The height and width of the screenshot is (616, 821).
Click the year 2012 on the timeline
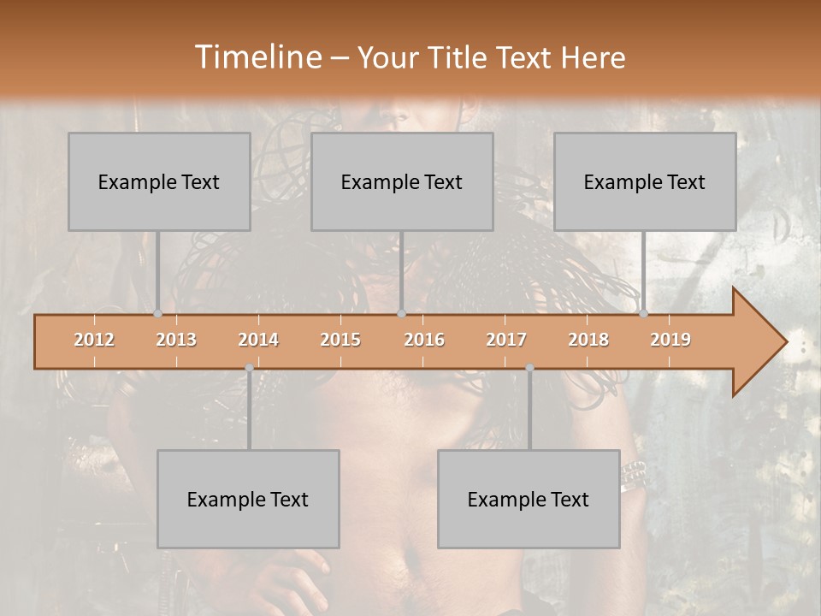coord(94,340)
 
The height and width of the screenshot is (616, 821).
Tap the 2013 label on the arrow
coord(176,340)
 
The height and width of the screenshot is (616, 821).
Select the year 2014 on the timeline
coord(258,340)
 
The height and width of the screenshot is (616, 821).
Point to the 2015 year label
coord(340,340)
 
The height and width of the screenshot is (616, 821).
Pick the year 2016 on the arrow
coord(424,340)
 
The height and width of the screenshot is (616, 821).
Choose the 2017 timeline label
coord(506,340)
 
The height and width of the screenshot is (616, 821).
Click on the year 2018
coord(588,340)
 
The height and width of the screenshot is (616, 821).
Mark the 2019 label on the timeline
coord(670,340)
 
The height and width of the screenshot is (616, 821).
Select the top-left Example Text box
coord(159,181)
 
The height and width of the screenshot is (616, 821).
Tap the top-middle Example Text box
coord(402,181)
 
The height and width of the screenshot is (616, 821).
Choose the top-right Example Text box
coord(645,181)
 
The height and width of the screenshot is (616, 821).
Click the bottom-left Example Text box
coord(248,499)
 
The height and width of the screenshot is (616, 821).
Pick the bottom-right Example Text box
coord(529,499)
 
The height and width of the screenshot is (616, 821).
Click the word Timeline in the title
coord(257,57)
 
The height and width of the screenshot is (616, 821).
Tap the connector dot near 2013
coord(158,314)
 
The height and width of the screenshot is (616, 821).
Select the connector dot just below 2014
coord(249,368)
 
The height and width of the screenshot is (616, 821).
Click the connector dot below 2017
coord(529,368)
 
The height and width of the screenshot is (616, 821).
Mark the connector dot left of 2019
coord(644,314)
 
